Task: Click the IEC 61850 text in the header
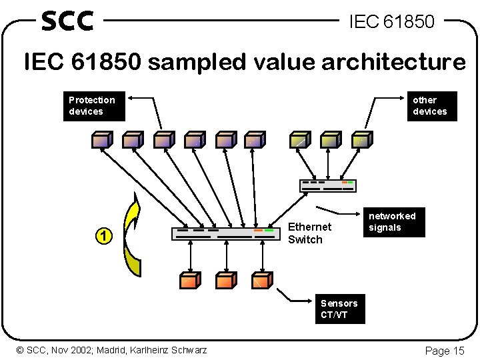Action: click(391, 22)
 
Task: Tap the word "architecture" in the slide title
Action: click(393, 62)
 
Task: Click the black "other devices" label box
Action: click(432, 106)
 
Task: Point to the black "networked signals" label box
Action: click(393, 222)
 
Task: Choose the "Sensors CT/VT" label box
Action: click(340, 309)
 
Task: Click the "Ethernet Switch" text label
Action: click(309, 233)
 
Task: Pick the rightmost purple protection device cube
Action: click(255, 139)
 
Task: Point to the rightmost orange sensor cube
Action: click(261, 280)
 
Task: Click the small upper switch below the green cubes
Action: click(326, 185)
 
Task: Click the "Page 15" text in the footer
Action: click(444, 351)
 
